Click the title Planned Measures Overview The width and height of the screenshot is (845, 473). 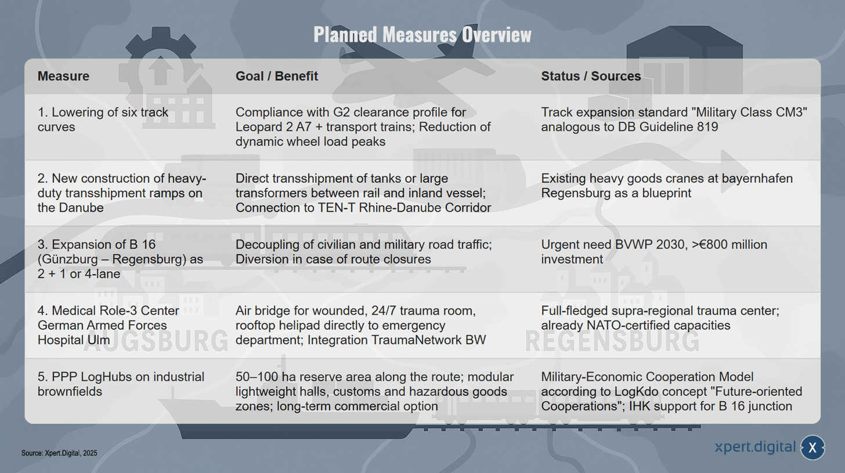[422, 35]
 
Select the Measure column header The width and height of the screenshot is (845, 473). [63, 76]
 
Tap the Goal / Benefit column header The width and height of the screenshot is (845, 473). [276, 76]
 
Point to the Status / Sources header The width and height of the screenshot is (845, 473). [591, 76]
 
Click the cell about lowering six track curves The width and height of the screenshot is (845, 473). [103, 119]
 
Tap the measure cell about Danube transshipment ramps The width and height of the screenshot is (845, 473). [121, 193]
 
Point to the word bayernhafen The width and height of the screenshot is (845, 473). [757, 179]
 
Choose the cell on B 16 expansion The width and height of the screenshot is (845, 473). [120, 259]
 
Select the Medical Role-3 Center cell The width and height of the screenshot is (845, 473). [108, 325]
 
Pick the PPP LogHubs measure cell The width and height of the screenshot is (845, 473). [121, 384]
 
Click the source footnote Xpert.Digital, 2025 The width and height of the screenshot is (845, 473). [59, 453]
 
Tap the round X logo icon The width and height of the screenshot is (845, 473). [813, 447]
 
